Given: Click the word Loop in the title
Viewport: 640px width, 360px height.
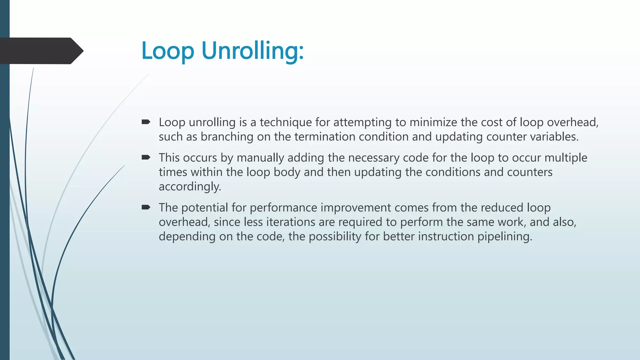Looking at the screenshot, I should (168, 51).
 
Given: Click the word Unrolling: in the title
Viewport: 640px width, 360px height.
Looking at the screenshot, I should (252, 51).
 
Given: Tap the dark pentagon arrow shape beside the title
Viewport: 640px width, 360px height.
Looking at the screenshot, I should (41, 51).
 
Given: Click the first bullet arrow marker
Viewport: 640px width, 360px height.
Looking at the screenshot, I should (146, 122).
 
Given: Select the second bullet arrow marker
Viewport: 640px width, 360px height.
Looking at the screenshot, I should (146, 157).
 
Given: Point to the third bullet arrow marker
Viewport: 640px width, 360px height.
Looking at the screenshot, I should (146, 207).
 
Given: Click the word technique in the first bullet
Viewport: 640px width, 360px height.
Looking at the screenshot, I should (286, 122).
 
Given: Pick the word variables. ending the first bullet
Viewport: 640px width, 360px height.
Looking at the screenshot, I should (554, 137).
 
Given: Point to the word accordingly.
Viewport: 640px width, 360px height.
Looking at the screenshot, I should (190, 187).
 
